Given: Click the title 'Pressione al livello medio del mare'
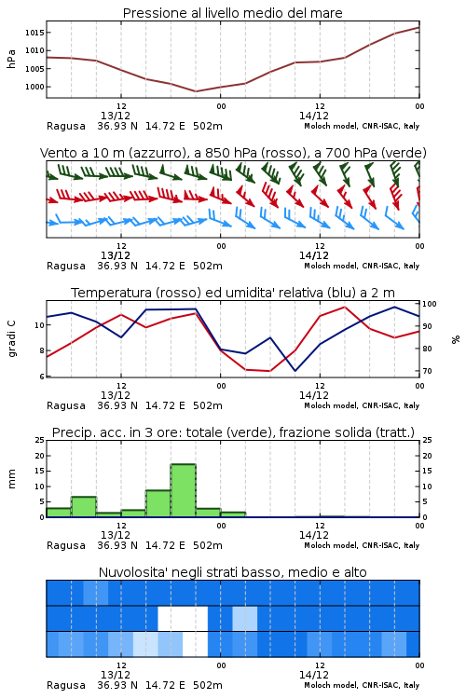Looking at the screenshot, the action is click(232, 13).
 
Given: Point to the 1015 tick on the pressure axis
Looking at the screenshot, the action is click(34, 33).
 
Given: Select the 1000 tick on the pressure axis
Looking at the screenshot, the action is click(34, 87).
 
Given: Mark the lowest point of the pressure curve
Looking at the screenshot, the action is click(196, 91).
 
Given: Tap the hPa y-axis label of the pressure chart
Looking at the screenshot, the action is click(11, 59).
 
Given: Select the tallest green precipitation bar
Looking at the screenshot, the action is click(184, 491).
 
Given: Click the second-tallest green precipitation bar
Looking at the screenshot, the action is click(158, 503).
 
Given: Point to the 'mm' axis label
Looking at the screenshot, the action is click(11, 479).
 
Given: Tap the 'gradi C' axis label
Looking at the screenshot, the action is click(11, 338).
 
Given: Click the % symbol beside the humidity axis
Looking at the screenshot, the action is click(456, 339).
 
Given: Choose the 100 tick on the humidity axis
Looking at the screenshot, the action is click(430, 304).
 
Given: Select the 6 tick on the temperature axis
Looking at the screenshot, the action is click(42, 377).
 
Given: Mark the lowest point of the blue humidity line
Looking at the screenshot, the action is click(295, 370).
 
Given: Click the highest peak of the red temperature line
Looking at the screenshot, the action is click(344, 307).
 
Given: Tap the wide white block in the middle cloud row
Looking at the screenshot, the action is click(183, 618).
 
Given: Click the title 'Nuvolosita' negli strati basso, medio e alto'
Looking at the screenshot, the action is click(232, 572).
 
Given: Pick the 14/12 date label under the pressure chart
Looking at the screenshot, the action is click(314, 116).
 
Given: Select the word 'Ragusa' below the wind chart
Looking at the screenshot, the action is click(66, 267).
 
